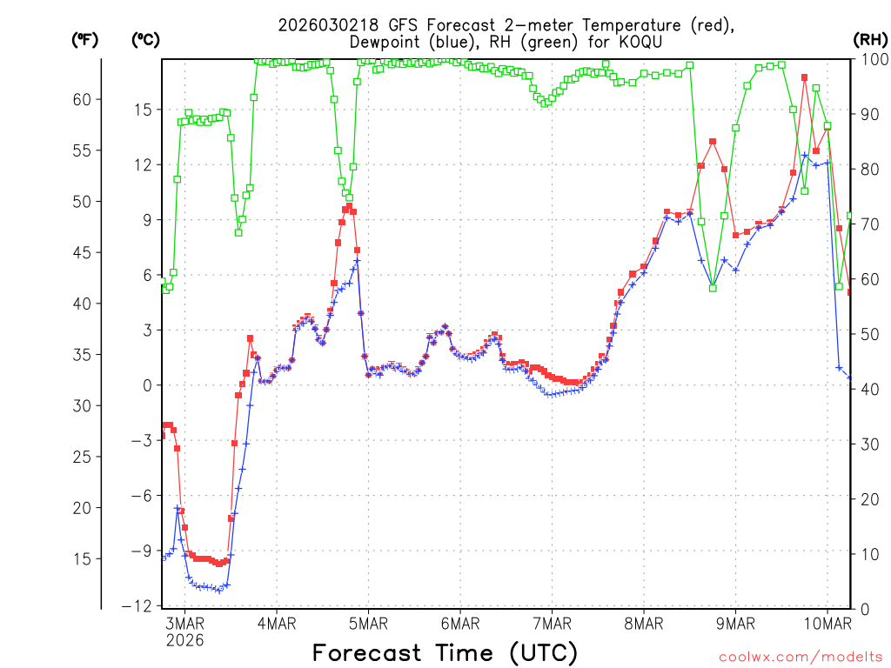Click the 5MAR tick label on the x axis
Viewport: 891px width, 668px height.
(368, 623)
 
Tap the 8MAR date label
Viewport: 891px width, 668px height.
(644, 623)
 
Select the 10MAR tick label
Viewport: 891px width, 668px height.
(827, 623)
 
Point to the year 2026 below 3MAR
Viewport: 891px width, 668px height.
(184, 640)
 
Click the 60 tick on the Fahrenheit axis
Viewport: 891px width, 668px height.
(82, 99)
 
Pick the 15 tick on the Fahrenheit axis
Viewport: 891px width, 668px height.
(82, 558)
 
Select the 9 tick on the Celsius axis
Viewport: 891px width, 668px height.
(146, 220)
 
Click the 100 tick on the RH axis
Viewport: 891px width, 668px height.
(870, 59)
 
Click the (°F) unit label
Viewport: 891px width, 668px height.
(84, 39)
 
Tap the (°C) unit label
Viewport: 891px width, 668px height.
(145, 39)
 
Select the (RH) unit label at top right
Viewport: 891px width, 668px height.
(869, 39)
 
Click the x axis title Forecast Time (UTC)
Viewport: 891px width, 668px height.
(445, 652)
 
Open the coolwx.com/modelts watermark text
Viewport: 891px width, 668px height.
(800, 658)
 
